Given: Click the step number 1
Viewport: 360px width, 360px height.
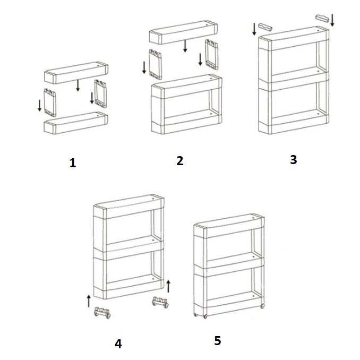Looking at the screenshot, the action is pos(73,163).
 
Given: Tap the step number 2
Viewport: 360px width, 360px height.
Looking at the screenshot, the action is pos(180,161).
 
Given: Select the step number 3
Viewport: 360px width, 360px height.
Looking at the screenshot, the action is pos(294,160).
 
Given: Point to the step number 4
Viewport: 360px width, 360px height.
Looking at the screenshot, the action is pos(118,344).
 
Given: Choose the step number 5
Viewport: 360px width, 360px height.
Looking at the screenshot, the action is pos(218,340).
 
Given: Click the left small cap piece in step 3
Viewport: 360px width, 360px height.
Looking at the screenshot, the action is pos(265,27).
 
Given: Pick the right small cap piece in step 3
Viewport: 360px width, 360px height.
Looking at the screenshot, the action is pos(322,19).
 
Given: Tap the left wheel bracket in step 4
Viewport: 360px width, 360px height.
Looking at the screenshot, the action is pos(102,312).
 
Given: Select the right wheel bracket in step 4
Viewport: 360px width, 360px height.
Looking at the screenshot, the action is pos(160,302).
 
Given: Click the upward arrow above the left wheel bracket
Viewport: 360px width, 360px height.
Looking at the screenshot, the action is pos(89,301).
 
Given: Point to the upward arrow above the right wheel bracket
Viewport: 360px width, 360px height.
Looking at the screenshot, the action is pos(168,286).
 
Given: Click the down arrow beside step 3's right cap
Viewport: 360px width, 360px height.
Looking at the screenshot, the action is pos(332,20).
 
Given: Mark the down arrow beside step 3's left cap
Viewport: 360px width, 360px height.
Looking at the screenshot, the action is pos(254,29).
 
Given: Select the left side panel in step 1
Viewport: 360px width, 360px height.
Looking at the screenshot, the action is pos(50,102).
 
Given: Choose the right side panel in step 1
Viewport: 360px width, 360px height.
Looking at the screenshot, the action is pos(100,93).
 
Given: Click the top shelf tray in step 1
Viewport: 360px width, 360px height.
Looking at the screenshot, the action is pos(76,73).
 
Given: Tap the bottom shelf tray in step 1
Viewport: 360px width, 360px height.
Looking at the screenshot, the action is pos(76,123).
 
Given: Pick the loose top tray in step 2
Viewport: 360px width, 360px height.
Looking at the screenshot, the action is pos(183,32).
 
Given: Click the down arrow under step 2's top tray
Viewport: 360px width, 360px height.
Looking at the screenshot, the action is pos(185,46).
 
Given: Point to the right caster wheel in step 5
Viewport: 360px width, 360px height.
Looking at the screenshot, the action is pos(262,306).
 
